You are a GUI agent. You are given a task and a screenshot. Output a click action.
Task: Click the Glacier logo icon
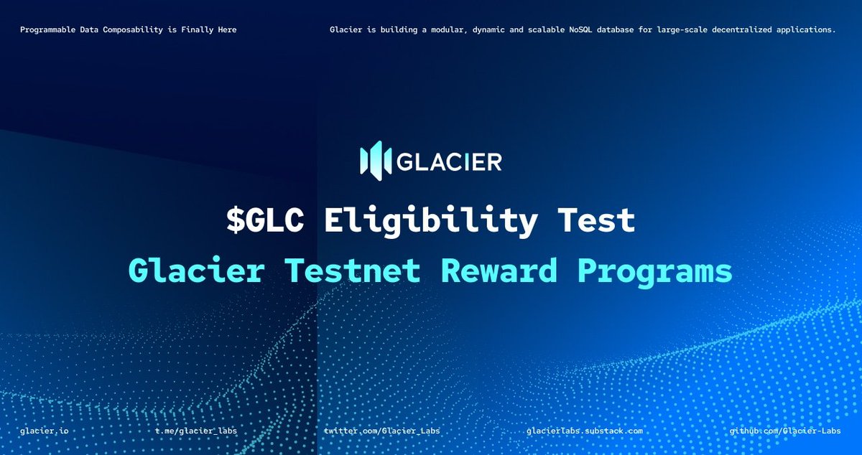375,161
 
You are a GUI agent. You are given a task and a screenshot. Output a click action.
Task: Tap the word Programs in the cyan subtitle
655,271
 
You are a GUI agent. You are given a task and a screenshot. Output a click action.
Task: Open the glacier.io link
44,431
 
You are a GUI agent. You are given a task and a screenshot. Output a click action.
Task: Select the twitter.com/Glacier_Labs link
382,431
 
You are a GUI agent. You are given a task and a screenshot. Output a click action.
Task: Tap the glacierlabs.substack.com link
584,431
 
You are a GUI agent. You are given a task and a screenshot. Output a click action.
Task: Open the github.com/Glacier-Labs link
785,431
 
